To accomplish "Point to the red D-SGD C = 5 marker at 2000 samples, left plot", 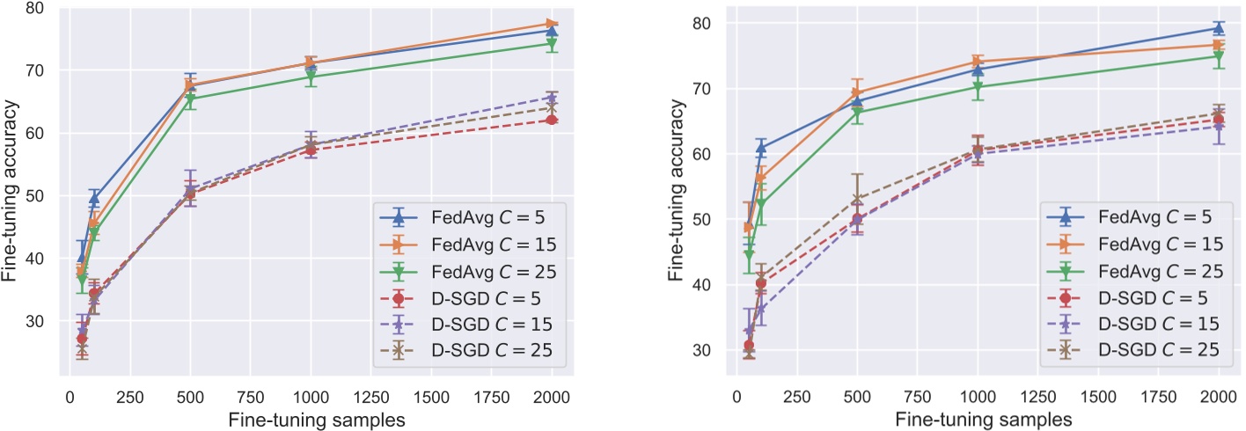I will tap(552, 120).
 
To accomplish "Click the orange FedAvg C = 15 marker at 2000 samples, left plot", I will tap(552, 23).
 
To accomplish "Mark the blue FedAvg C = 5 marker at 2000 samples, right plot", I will tap(1219, 28).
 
